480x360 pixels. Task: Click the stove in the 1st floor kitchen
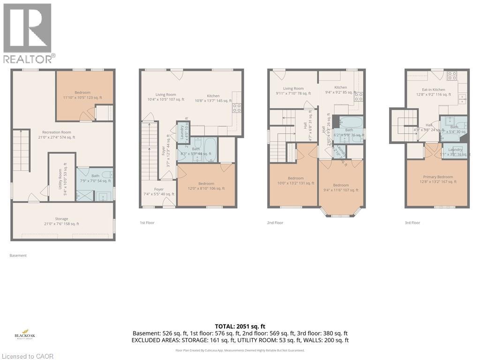(237, 108)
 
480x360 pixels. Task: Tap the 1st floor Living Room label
(165, 97)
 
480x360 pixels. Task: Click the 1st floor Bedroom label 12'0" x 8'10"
(206, 186)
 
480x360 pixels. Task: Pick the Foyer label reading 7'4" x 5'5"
(159, 192)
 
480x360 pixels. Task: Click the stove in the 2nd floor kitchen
(359, 97)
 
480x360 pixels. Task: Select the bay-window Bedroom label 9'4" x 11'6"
(341, 187)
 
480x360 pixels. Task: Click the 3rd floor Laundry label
(455, 152)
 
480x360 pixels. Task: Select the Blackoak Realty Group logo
(26, 334)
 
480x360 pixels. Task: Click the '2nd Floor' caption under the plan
(276, 223)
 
